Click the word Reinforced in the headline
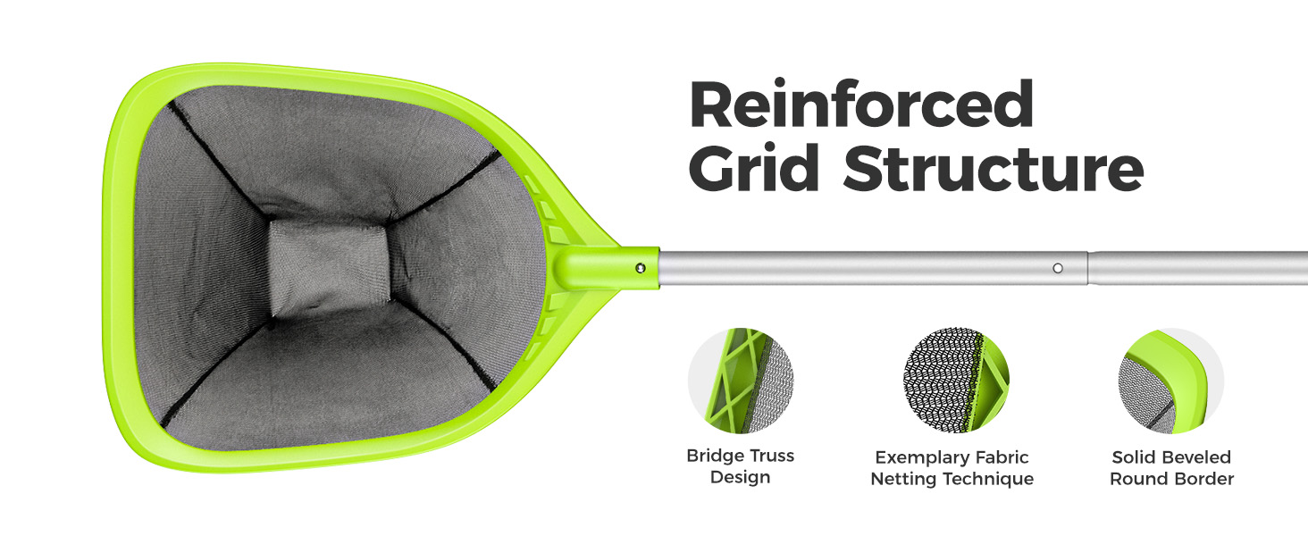point(861,105)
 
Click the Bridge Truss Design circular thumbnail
point(741,381)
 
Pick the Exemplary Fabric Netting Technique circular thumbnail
point(956,381)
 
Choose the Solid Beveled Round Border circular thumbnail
point(1171,381)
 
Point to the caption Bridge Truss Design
point(740,466)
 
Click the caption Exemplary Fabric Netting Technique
point(952,468)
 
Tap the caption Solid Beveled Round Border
point(1171,468)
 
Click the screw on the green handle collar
point(640,267)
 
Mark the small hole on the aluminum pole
point(1058,267)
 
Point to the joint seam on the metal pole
point(1087,267)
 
